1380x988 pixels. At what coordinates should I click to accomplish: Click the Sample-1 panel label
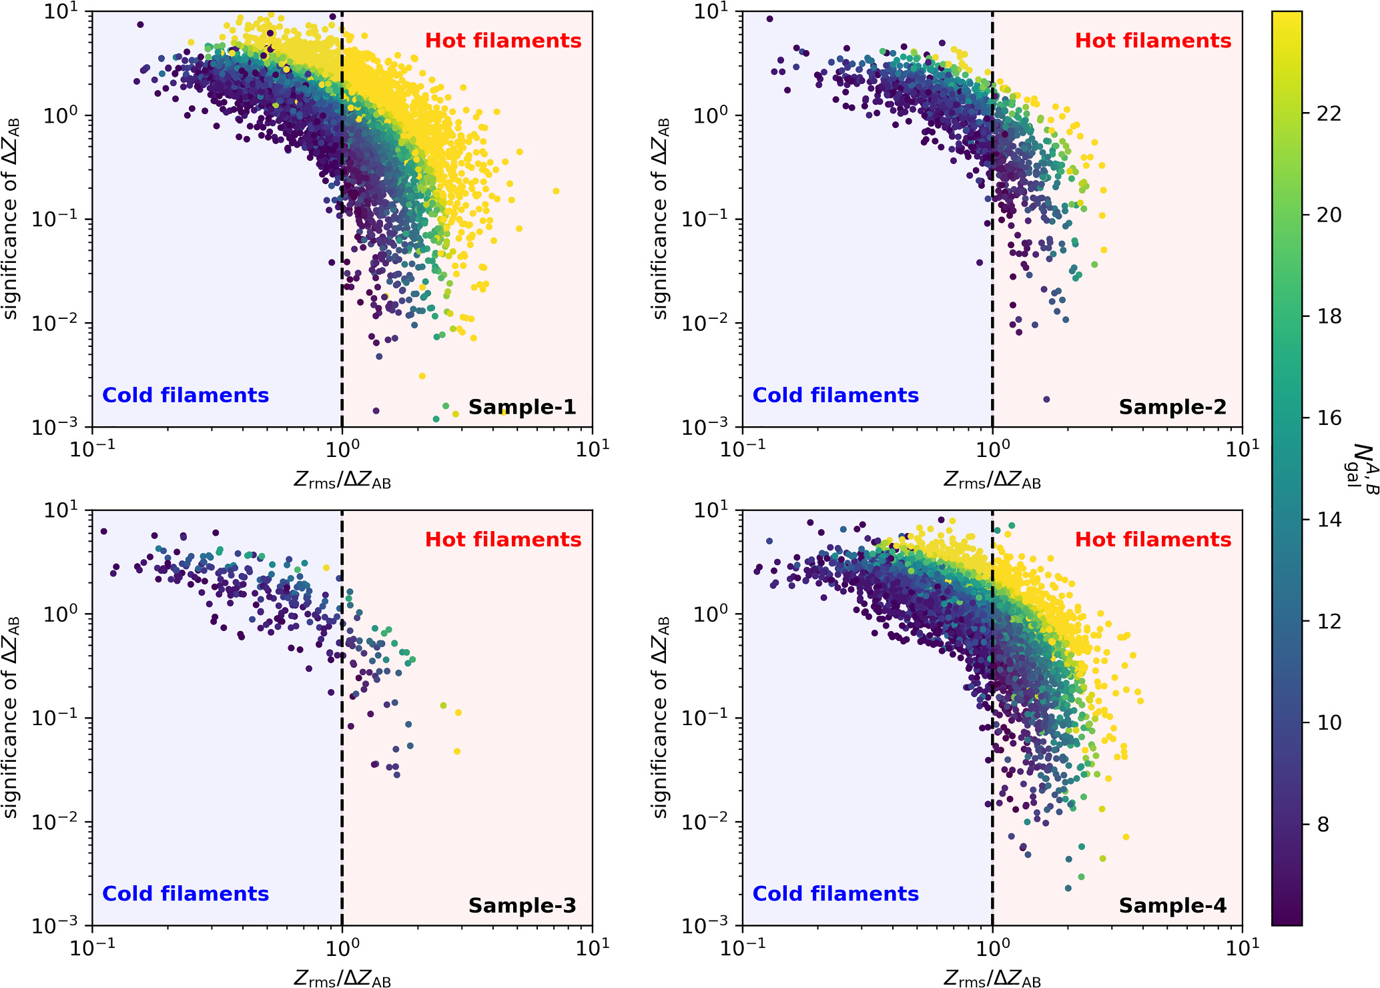(522, 407)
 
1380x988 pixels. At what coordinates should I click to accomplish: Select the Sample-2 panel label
(1172, 407)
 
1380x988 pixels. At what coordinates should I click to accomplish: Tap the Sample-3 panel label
(522, 905)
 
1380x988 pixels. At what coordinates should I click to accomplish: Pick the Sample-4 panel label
(1172, 905)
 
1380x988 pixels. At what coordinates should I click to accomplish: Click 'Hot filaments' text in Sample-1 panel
(503, 41)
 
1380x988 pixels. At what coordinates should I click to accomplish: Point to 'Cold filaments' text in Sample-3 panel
(186, 893)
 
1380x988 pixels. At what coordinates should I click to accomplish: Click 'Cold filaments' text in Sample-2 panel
(835, 395)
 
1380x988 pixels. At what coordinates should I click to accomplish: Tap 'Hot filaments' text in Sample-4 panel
(1152, 539)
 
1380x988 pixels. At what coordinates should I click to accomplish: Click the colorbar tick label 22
(1329, 113)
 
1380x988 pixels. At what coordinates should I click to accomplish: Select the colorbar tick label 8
(1323, 825)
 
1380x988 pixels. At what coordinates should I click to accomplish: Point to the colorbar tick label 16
(1329, 418)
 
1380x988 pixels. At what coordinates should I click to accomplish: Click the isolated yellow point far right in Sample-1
(556, 191)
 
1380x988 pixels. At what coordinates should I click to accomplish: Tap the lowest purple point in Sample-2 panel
(1046, 400)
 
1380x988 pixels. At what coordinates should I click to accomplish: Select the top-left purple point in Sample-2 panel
(769, 19)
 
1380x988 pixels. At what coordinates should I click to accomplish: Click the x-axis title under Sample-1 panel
(342, 479)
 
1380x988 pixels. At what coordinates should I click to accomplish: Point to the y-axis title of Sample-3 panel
(11, 717)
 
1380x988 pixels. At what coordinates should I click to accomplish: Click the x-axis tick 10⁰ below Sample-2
(992, 449)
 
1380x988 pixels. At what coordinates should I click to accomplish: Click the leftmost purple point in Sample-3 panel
(103, 532)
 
